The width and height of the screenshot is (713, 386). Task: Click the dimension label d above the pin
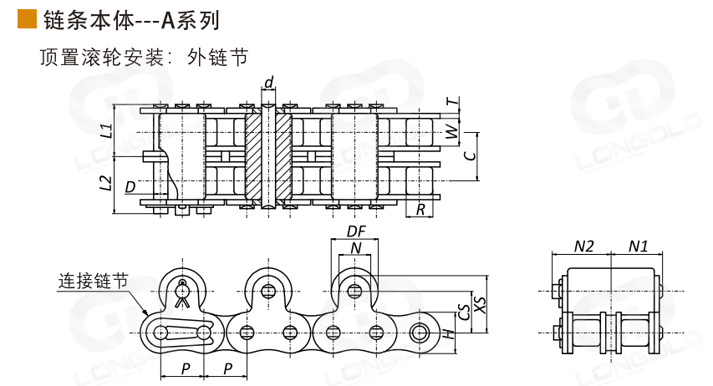point(268,82)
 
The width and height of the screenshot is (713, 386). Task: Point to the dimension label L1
point(105,130)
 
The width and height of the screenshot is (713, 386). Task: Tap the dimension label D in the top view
point(130,186)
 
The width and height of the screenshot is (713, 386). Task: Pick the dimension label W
point(452,131)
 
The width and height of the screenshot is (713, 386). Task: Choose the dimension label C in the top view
point(470,155)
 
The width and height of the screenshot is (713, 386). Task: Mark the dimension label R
point(420,209)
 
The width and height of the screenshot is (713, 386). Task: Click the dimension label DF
point(356,231)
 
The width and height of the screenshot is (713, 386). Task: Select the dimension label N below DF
point(356,248)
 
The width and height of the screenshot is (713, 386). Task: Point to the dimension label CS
point(464,312)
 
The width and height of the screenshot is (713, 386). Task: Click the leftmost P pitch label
point(186,368)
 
